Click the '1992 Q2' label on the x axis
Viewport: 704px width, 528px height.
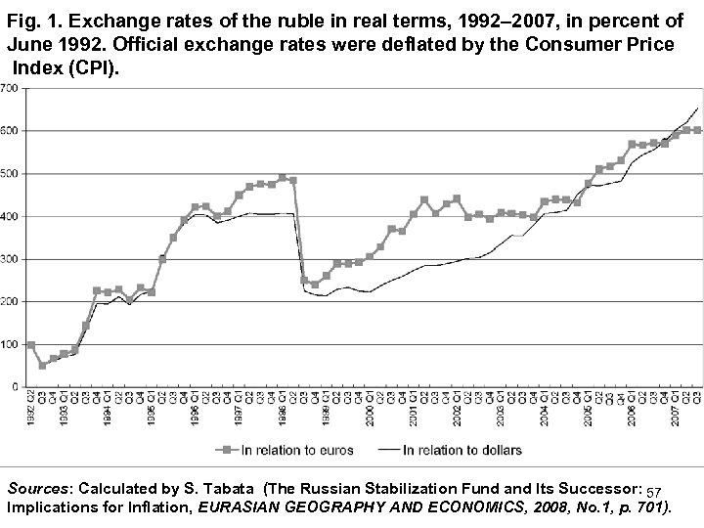31,406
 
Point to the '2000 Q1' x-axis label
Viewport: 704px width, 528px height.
370,406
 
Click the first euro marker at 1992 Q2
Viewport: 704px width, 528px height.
30,345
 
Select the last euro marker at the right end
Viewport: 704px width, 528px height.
697,130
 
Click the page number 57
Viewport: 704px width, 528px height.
655,489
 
